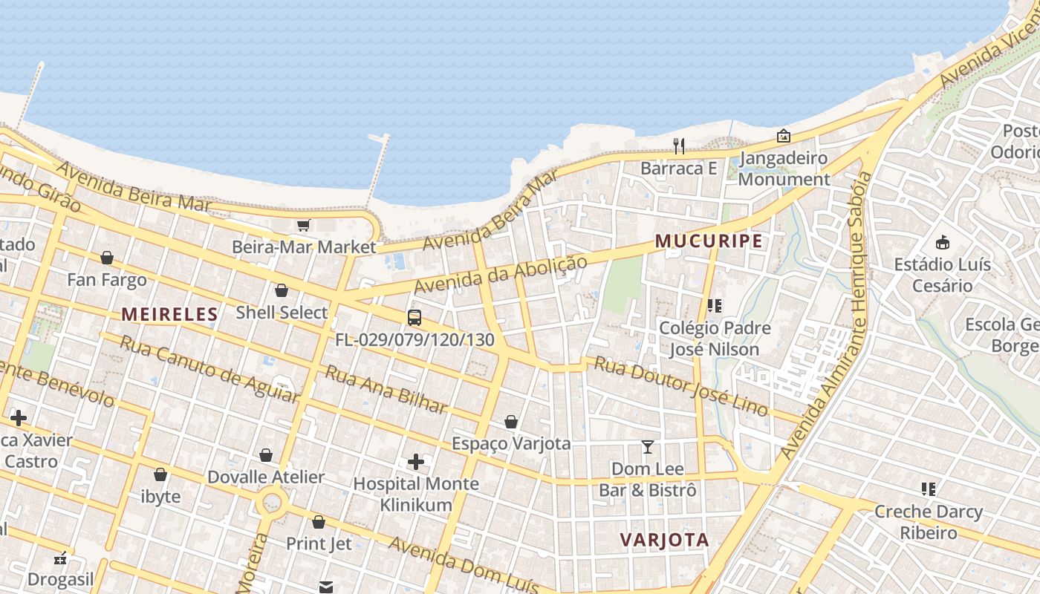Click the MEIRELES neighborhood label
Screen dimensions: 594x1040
(x=170, y=314)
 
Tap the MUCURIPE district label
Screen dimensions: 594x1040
(x=709, y=241)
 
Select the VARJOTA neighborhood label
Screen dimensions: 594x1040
(x=664, y=540)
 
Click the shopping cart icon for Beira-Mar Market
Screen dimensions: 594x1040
(x=303, y=225)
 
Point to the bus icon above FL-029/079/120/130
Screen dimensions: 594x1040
(x=415, y=318)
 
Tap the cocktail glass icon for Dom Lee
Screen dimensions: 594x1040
(x=648, y=447)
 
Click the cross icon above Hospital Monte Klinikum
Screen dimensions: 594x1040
(x=416, y=463)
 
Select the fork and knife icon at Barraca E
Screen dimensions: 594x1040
(x=679, y=146)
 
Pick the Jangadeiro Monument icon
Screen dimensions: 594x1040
(x=783, y=136)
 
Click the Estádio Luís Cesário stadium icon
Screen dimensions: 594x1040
(x=943, y=242)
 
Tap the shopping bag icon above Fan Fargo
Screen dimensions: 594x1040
(x=107, y=258)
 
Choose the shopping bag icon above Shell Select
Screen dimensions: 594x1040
(x=281, y=290)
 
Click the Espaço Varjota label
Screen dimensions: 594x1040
(x=511, y=443)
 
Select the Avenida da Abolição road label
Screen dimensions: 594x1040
(x=500, y=274)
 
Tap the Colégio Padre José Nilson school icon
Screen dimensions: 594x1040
(x=715, y=305)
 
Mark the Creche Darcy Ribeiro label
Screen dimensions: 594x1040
(x=929, y=522)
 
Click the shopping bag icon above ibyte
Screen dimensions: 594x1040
(x=160, y=474)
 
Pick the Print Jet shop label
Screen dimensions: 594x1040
(x=319, y=544)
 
